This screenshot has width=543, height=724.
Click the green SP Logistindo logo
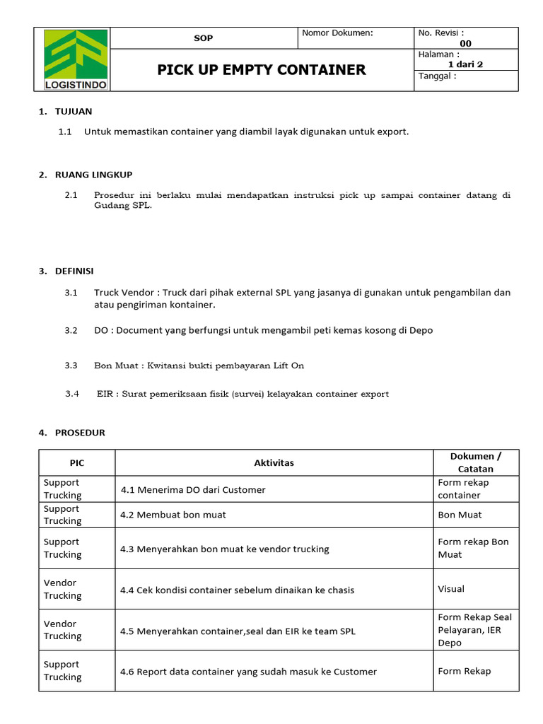76,59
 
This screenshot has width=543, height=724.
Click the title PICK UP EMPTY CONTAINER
261,69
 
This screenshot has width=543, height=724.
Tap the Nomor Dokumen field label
337,33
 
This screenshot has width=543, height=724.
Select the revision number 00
465,43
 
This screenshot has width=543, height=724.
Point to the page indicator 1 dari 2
465,64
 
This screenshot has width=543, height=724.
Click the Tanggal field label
438,76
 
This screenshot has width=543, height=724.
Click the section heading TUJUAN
74,111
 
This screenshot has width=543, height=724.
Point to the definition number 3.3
71,366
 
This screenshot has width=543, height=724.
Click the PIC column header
76,463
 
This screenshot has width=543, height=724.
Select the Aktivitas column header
274,463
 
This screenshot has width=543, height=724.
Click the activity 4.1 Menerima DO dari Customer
193,489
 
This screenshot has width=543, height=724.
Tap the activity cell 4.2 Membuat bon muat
173,515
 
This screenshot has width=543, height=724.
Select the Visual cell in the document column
451,588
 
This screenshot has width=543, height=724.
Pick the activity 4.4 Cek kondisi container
237,590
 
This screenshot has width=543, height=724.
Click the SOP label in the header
203,37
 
